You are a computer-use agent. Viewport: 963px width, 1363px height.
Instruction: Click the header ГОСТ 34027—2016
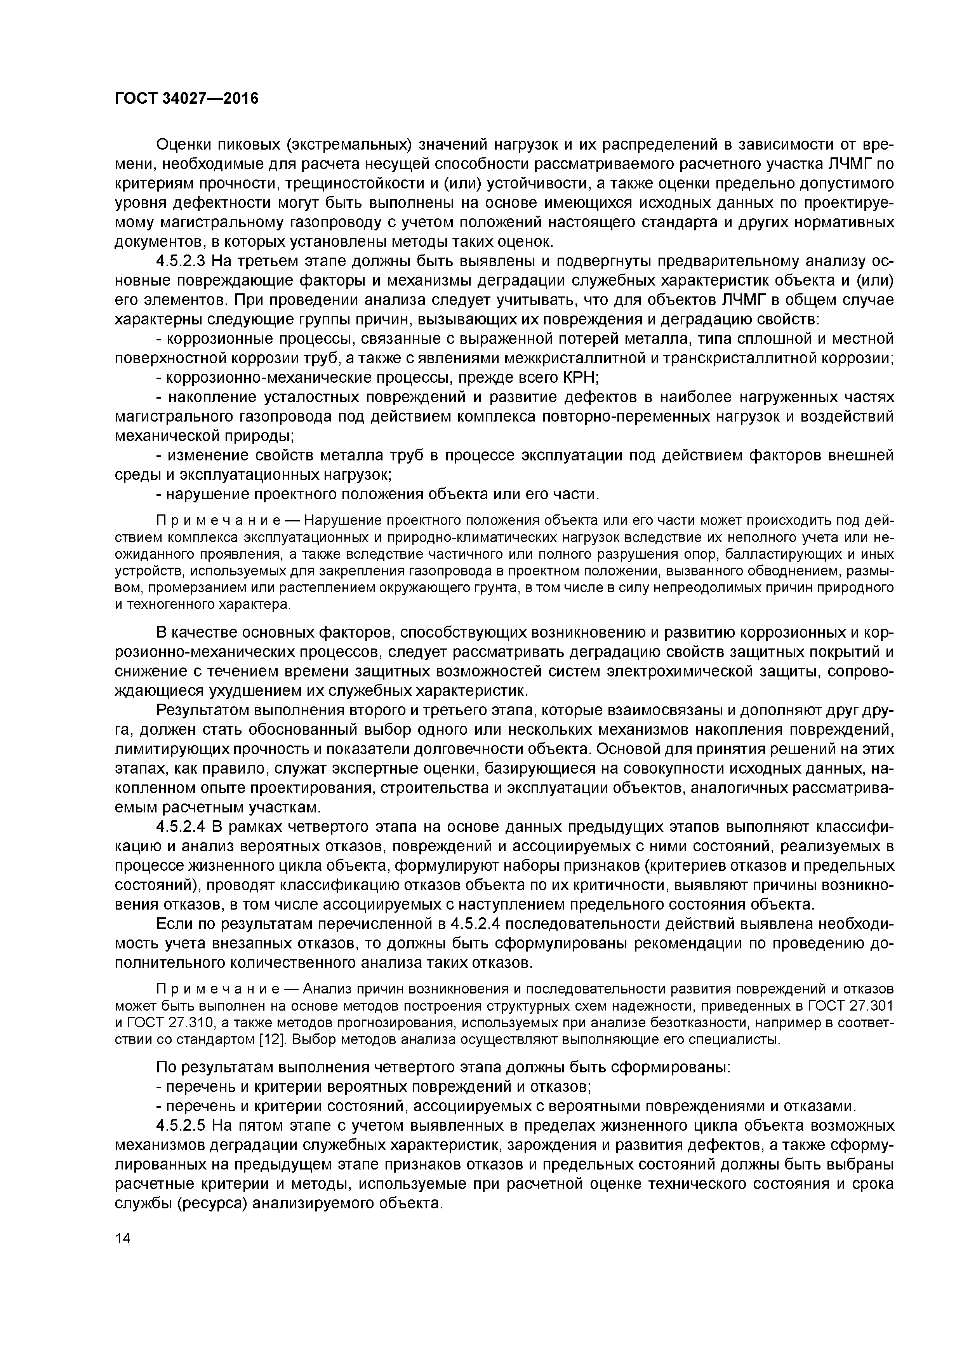click(186, 98)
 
